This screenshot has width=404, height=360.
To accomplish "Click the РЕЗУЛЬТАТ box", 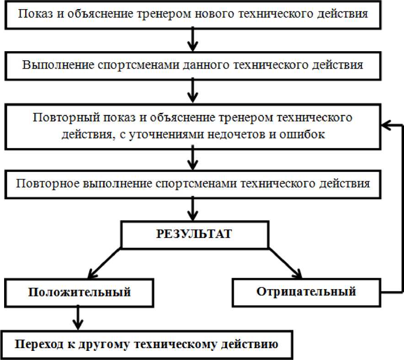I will coord(193,235).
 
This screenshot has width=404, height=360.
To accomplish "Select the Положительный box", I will coord(79,292).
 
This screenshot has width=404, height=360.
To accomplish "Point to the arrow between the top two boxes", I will coord(193,38).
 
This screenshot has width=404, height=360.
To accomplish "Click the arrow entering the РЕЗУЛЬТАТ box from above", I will coord(193,209).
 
